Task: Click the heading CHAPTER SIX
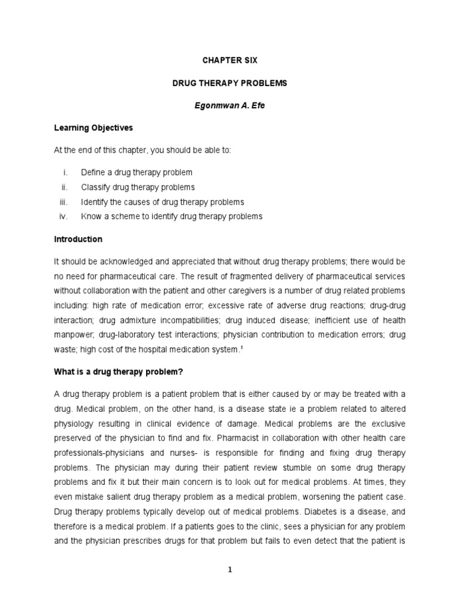pyautogui.click(x=229, y=60)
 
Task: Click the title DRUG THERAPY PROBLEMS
pyautogui.click(x=229, y=83)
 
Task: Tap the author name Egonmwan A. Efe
pyautogui.click(x=229, y=105)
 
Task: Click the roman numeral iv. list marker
pyautogui.click(x=67, y=217)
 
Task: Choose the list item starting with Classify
pyautogui.click(x=138, y=187)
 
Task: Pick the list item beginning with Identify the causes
pyautogui.click(x=162, y=202)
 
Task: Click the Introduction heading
pyautogui.click(x=78, y=239)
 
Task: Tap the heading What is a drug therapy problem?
pyautogui.click(x=118, y=372)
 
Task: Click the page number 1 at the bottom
pyautogui.click(x=229, y=570)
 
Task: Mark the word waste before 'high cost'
pyautogui.click(x=65, y=350)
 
